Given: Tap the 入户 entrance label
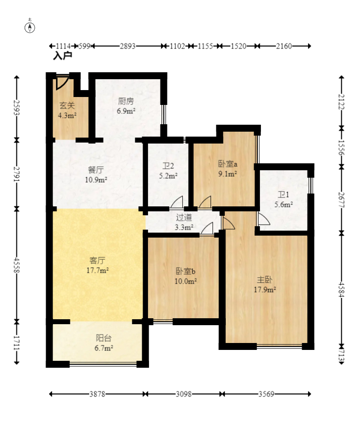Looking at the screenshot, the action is (62, 56).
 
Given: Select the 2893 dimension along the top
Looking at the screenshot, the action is (128, 46).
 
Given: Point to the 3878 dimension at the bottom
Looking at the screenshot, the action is (97, 394).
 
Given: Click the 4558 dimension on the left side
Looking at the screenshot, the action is (17, 265).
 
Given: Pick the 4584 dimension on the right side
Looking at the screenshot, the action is (342, 290).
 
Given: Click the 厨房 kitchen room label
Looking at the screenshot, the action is (126, 101).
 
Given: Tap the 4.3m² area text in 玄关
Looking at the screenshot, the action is (67, 115).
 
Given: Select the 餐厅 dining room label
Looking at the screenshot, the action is (96, 170).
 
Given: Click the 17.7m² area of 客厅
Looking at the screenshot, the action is (98, 271).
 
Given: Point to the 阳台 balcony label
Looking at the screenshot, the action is (103, 338).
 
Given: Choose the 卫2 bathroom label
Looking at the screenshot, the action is (168, 166).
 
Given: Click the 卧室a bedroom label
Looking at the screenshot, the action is (227, 164).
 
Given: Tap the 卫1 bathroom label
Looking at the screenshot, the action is (283, 195).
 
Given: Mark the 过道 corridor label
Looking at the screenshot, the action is (184, 217).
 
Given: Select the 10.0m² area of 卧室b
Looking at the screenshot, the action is (186, 281).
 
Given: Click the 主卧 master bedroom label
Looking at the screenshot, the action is (264, 280).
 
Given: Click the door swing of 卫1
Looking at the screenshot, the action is (263, 219).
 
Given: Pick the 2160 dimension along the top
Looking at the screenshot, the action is (284, 46).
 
